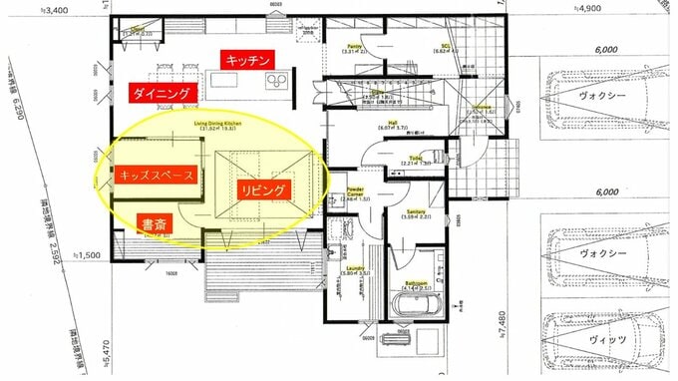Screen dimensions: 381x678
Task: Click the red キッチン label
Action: click(248, 61)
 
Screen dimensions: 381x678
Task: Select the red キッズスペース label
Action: click(156, 175)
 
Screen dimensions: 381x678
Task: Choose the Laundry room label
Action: click(356, 270)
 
